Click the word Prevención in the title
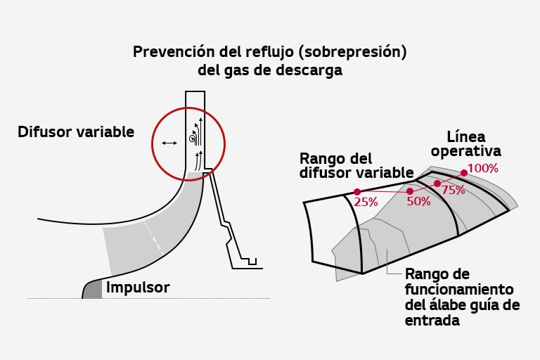tap(169, 53)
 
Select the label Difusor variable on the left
tap(76, 131)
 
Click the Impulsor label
tap(137, 288)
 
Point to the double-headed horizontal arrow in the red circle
tap(169, 143)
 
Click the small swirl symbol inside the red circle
tap(192, 139)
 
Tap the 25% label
tap(366, 202)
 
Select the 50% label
tap(418, 200)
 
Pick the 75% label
tap(453, 190)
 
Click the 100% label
tap(482, 169)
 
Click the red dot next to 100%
tap(464, 172)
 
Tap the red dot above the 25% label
tap(357, 191)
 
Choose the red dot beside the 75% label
tap(437, 184)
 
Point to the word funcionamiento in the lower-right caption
tap(459, 289)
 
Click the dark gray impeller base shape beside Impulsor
tap(93, 288)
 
